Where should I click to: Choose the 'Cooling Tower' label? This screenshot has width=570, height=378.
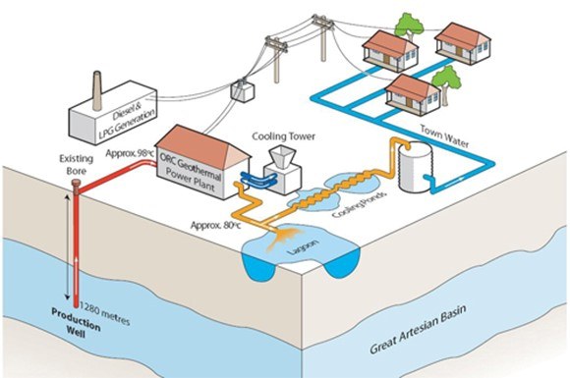[282, 136]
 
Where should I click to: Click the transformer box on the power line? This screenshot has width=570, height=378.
[240, 90]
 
